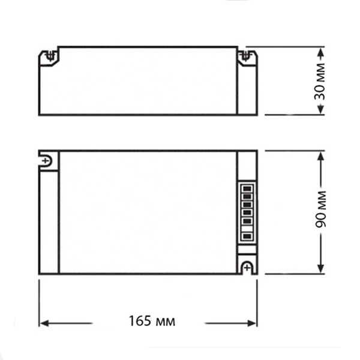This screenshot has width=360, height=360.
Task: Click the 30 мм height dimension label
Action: pyautogui.click(x=320, y=82)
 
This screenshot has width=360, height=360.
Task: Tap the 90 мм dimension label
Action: pyautogui.click(x=320, y=209)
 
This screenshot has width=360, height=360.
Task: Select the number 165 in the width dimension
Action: pyautogui.click(x=140, y=321)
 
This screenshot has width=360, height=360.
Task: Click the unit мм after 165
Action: pyautogui.click(x=165, y=322)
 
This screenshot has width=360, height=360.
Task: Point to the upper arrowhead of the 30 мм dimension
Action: pyautogui.click(x=321, y=53)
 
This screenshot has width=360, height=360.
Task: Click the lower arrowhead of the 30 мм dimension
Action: pyautogui.click(x=321, y=109)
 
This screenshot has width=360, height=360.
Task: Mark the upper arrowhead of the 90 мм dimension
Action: pyautogui.click(x=321, y=157)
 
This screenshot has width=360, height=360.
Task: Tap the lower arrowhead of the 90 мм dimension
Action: pyautogui.click(x=320, y=268)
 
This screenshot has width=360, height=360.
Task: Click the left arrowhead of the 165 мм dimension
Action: pyautogui.click(x=44, y=323)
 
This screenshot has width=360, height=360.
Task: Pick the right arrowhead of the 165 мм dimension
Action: pyautogui.click(x=251, y=323)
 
